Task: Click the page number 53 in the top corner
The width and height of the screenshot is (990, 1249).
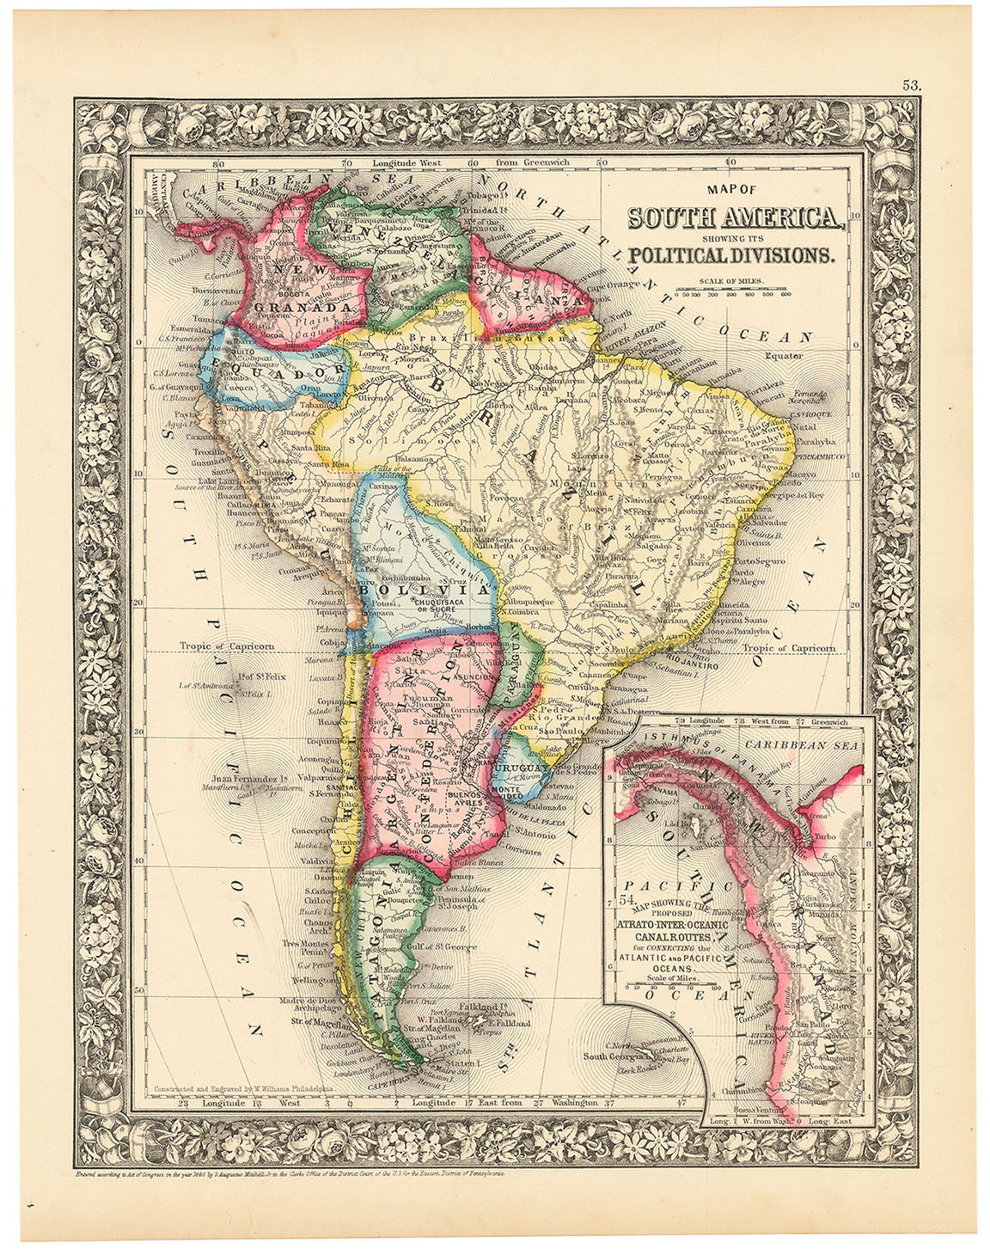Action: point(912,85)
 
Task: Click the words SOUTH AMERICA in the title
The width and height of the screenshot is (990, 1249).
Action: point(735,218)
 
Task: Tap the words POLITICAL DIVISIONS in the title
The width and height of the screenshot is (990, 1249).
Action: point(730,254)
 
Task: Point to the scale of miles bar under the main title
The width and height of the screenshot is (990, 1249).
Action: point(733,292)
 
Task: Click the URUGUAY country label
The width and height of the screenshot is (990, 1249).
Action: point(521,767)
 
